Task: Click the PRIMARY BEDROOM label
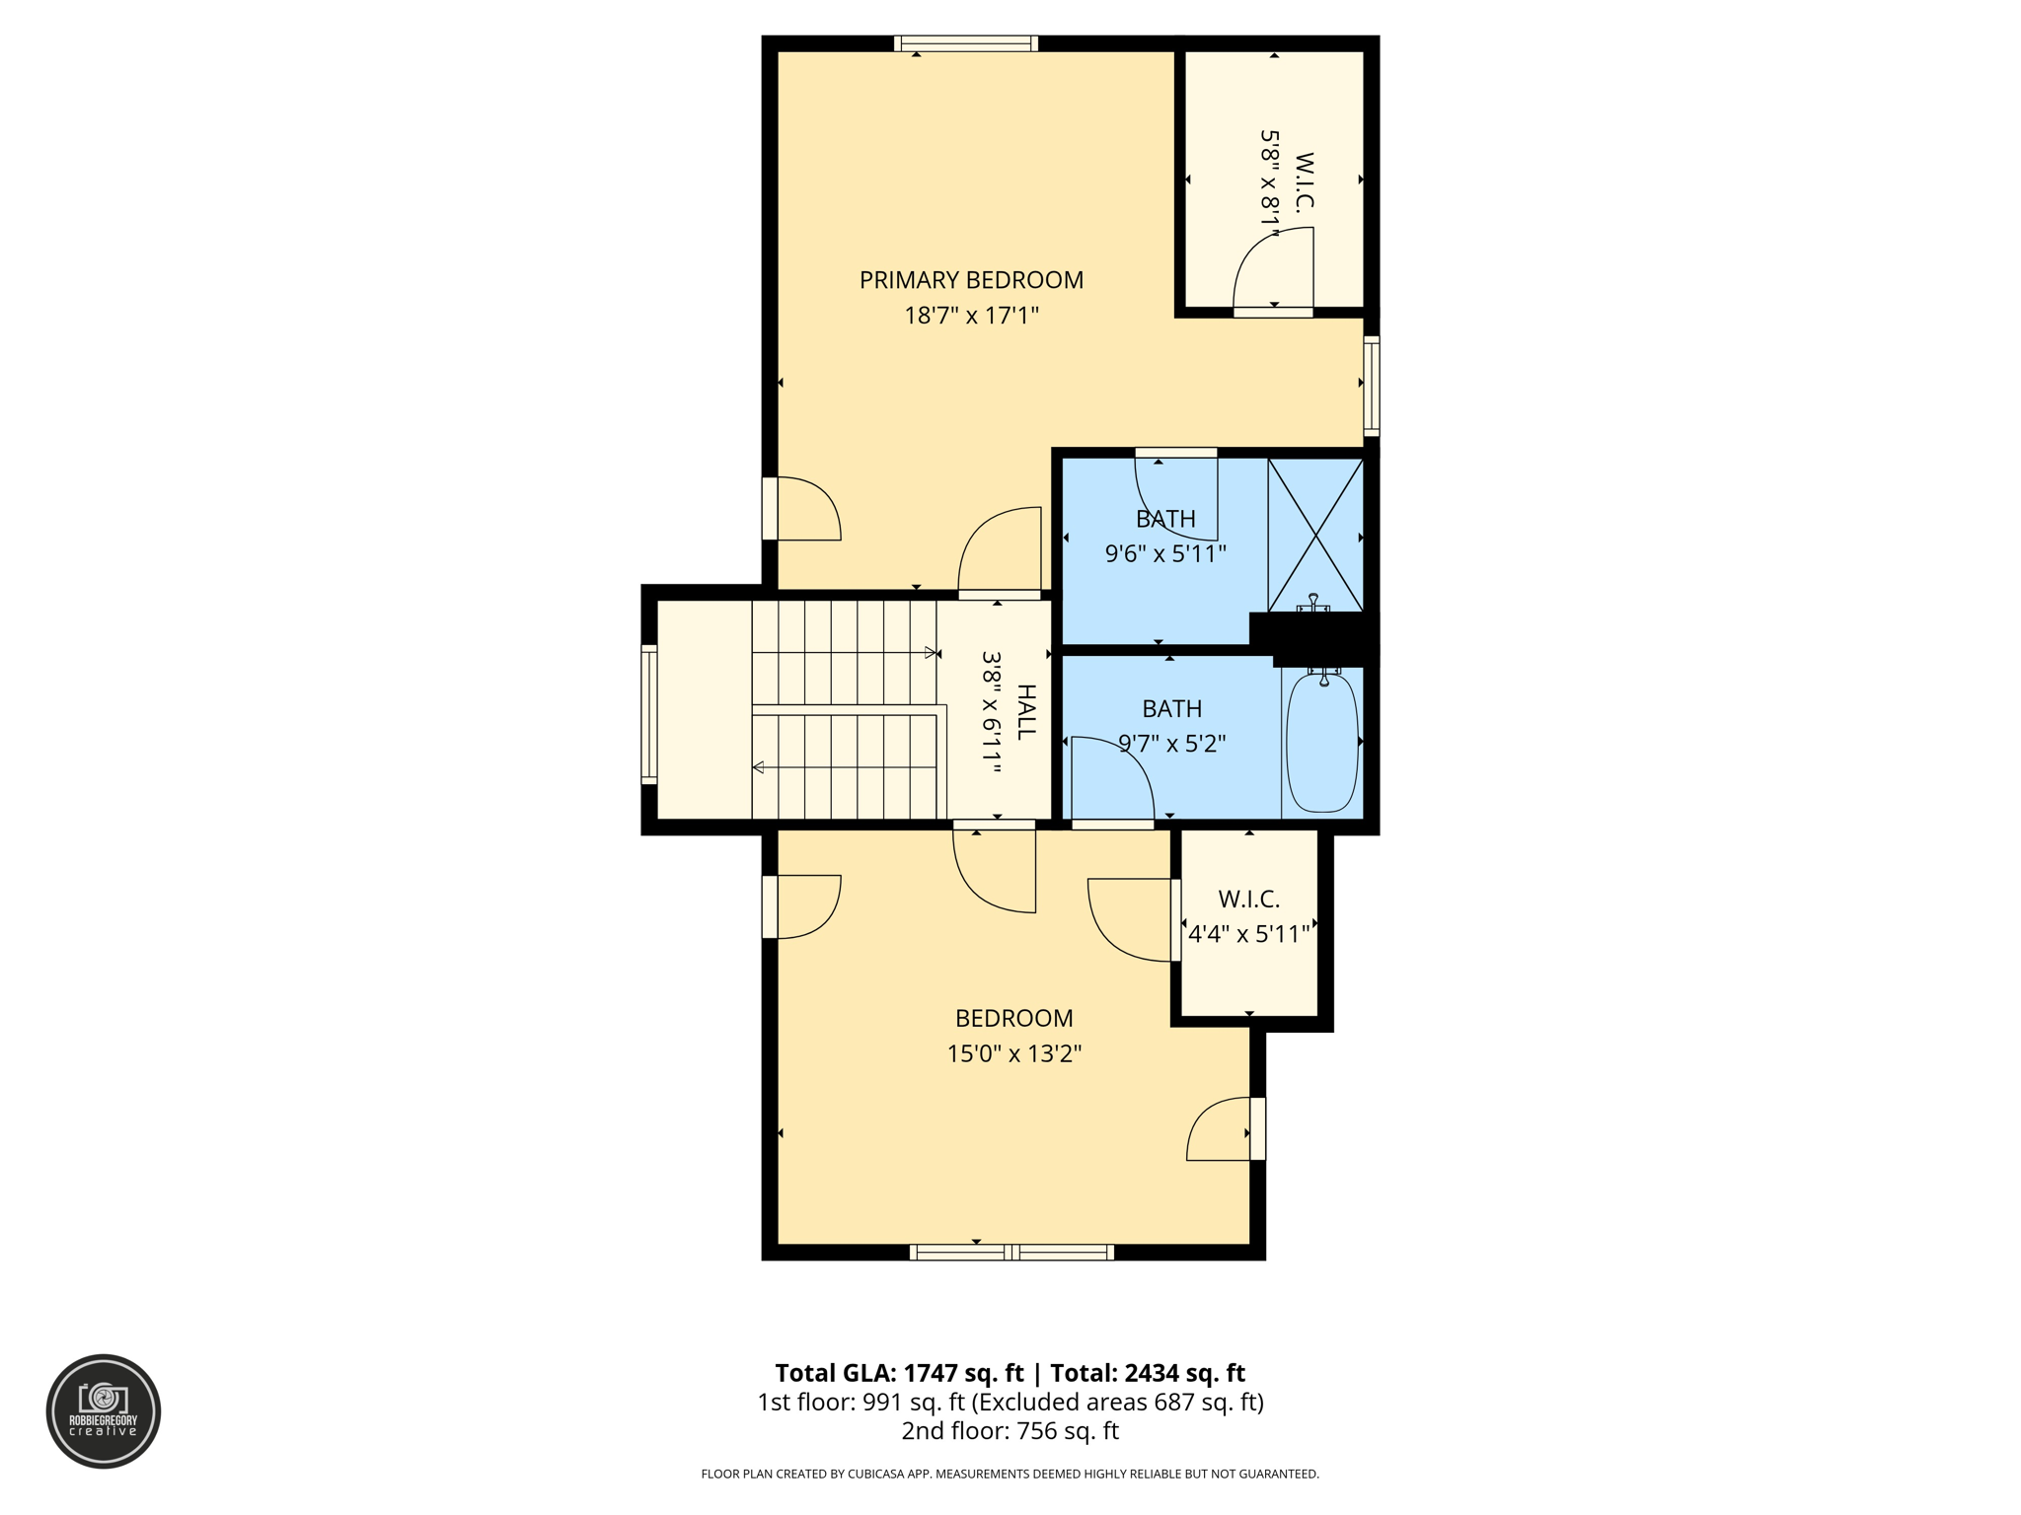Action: coord(971,280)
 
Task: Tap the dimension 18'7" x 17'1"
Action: coord(971,316)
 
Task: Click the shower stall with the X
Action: coord(1315,535)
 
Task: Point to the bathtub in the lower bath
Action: coord(1322,742)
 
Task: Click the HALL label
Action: coord(1026,711)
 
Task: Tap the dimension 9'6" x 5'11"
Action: coord(1165,553)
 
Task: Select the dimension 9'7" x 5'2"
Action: coord(1171,744)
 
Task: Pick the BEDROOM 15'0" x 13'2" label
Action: coord(1013,1018)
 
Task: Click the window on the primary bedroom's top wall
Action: coord(965,43)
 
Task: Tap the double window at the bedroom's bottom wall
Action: coord(1011,1253)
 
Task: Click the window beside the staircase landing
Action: coord(649,714)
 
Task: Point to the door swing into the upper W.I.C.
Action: coord(1273,270)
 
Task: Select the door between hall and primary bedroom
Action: coord(1000,552)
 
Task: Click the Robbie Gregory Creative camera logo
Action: coord(104,1410)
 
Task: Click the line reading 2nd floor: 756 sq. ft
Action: coord(1010,1431)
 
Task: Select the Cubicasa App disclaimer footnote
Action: coord(1010,1474)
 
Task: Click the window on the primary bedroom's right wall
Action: coord(1371,386)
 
